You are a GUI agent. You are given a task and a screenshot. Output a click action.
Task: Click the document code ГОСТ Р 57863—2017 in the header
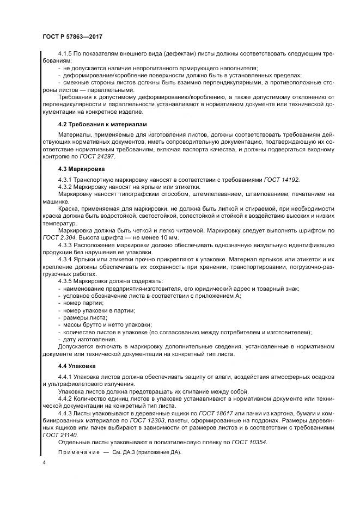click(x=72, y=36)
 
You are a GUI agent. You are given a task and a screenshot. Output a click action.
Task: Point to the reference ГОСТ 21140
click(x=60, y=435)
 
